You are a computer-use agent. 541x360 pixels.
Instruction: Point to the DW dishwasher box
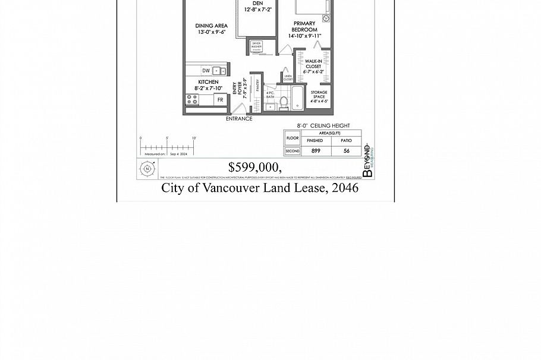tap(206, 71)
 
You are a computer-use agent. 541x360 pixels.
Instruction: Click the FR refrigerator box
tap(220, 100)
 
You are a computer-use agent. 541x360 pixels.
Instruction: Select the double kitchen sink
tap(219, 71)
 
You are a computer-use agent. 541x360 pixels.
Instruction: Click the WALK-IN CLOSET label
tap(313, 66)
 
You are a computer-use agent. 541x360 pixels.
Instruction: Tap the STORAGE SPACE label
tap(319, 96)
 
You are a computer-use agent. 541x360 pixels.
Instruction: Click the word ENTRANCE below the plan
tap(239, 119)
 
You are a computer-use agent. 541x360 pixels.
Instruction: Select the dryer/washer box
tap(257, 47)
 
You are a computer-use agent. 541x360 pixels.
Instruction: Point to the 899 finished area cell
tap(315, 151)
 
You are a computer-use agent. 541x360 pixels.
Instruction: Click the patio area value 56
tap(345, 151)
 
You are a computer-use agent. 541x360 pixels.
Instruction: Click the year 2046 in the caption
tap(345, 188)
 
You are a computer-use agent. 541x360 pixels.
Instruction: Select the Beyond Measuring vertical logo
tap(368, 161)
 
